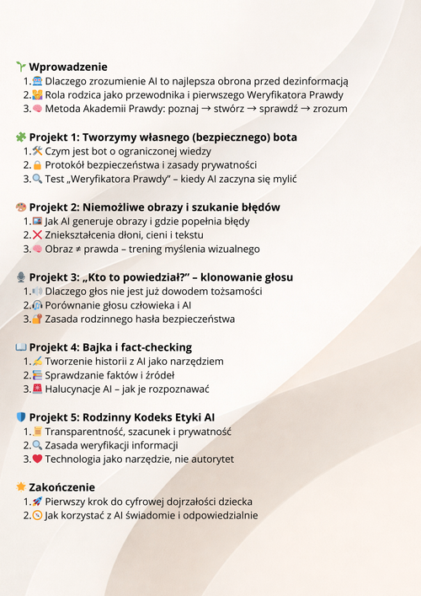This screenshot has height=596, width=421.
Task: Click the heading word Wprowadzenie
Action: tap(68, 67)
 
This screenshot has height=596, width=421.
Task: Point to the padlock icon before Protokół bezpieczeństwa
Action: tap(37, 165)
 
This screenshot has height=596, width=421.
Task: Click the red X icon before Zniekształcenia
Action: tap(37, 235)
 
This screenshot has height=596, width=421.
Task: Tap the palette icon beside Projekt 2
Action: tap(21, 207)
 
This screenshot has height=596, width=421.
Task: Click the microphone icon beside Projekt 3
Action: tap(21, 277)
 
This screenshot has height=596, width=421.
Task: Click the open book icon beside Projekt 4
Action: tap(21, 346)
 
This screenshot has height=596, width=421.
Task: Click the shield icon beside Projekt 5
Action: tap(21, 416)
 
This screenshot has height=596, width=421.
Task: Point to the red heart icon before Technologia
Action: tap(37, 459)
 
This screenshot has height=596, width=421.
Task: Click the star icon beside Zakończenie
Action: tap(21, 486)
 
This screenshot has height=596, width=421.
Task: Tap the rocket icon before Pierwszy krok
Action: tap(37, 501)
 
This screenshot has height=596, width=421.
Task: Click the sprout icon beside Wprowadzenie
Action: tap(21, 67)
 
